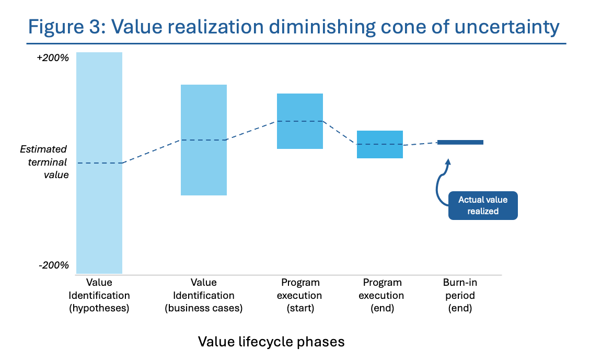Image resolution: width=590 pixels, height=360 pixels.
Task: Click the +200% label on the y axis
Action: [53, 58]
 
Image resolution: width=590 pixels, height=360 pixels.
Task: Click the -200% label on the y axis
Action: [54, 265]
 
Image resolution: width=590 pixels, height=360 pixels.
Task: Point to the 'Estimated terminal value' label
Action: [44, 162]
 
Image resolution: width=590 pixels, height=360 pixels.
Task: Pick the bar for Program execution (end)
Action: [380, 152]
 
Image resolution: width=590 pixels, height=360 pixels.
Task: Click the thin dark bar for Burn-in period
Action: [460, 142]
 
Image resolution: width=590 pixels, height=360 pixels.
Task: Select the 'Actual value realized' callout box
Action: [483, 205]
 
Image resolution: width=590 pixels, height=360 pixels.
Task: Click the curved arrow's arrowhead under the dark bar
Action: [447, 162]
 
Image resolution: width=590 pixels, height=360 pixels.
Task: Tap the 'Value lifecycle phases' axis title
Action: [271, 342]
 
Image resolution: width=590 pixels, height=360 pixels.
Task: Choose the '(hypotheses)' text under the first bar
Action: [99, 308]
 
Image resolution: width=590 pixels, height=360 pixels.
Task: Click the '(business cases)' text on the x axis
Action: [204, 308]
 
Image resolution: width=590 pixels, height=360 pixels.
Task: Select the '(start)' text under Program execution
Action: [300, 308]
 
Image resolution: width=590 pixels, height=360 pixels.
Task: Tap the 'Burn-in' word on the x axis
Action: [460, 283]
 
